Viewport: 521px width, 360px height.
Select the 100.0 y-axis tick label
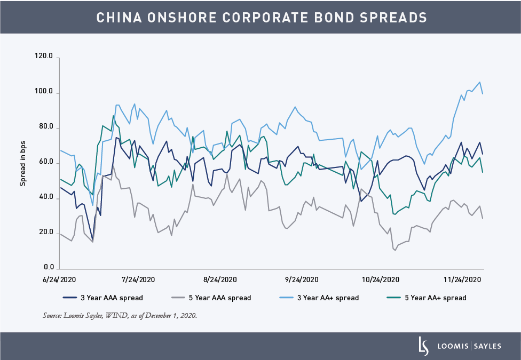[44, 93]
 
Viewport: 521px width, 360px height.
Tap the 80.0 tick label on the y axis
[46, 128]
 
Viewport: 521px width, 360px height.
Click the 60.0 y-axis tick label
[46, 162]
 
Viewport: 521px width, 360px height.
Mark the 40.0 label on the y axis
[46, 198]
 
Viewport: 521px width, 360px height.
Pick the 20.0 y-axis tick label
[46, 233]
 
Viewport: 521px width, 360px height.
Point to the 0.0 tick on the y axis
[48, 267]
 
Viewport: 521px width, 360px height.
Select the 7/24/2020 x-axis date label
[138, 279]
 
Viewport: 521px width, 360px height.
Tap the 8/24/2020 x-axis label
[220, 279]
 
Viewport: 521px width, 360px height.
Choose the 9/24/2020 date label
[302, 279]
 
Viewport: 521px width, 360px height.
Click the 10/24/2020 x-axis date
[381, 279]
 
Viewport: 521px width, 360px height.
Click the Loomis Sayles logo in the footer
[460, 346]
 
